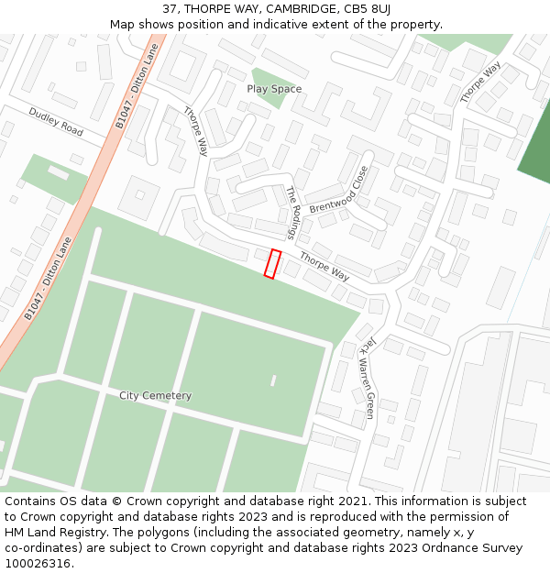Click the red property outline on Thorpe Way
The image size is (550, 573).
[x=272, y=263]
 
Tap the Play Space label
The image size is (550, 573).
[x=274, y=89]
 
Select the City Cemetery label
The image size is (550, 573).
[x=156, y=396]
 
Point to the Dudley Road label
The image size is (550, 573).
[x=55, y=122]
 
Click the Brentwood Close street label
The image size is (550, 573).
[x=339, y=190]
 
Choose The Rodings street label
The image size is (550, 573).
[x=293, y=208]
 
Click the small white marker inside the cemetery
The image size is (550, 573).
[x=273, y=380]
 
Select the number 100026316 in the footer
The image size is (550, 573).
[x=39, y=564]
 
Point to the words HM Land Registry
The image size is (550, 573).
[x=49, y=533]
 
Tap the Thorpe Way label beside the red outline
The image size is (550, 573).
[x=324, y=267]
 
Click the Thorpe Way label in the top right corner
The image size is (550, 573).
[x=480, y=83]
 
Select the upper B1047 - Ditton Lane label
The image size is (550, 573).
[x=137, y=86]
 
